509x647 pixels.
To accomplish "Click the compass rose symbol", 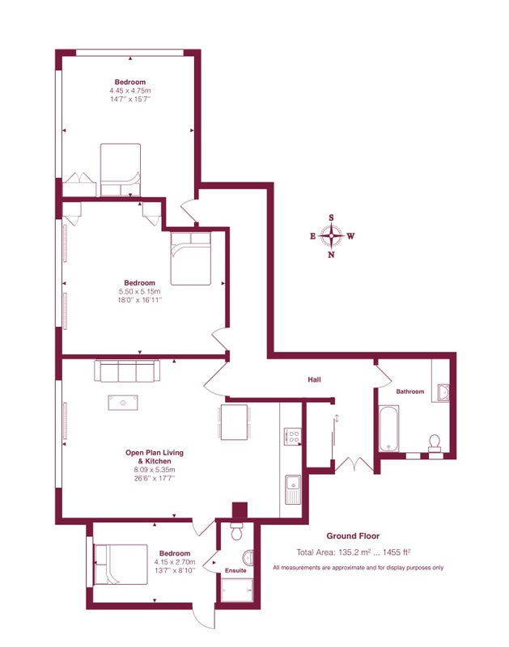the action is click(331, 236).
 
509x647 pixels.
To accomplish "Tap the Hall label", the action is click(314, 379).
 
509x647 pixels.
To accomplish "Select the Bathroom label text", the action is click(410, 391).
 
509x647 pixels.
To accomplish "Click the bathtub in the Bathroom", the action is click(389, 429).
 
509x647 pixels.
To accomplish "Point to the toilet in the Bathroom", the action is click(435, 442).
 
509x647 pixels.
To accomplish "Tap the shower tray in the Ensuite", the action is click(237, 590).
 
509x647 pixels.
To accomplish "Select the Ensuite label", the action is click(235, 571).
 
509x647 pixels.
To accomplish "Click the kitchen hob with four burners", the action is click(293, 436).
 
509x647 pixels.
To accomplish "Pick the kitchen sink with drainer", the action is click(294, 489).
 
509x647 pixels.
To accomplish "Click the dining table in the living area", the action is click(234, 422).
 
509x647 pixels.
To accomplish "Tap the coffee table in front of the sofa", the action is click(123, 402).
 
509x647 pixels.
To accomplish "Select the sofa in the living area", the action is click(127, 370).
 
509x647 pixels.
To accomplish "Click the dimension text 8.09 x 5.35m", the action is click(155, 470).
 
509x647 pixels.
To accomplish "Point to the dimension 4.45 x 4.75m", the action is click(130, 91).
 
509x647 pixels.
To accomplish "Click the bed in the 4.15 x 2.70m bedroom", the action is click(121, 564).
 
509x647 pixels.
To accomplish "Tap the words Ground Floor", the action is click(353, 536).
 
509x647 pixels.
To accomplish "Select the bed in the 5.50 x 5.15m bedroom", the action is click(191, 258).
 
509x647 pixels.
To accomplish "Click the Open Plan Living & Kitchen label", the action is click(155, 457).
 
